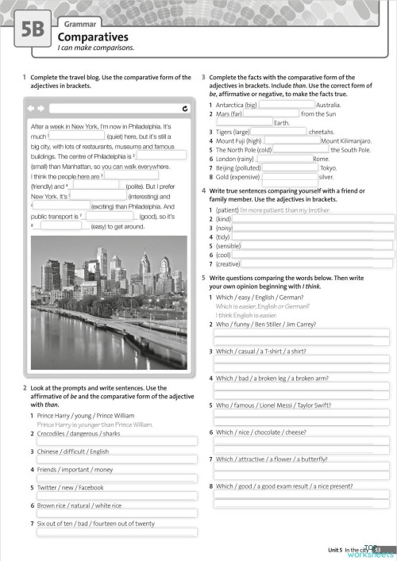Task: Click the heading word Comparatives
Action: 94,37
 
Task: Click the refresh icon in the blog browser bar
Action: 184,109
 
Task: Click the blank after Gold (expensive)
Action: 290,177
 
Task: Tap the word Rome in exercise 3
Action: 321,159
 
